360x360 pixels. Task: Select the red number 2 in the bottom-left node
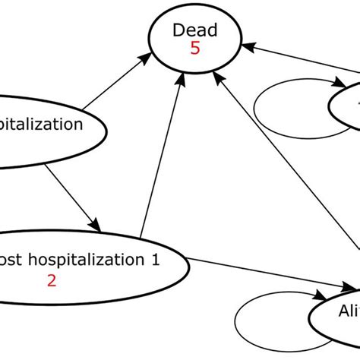(52, 279)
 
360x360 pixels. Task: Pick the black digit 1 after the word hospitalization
(156, 260)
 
